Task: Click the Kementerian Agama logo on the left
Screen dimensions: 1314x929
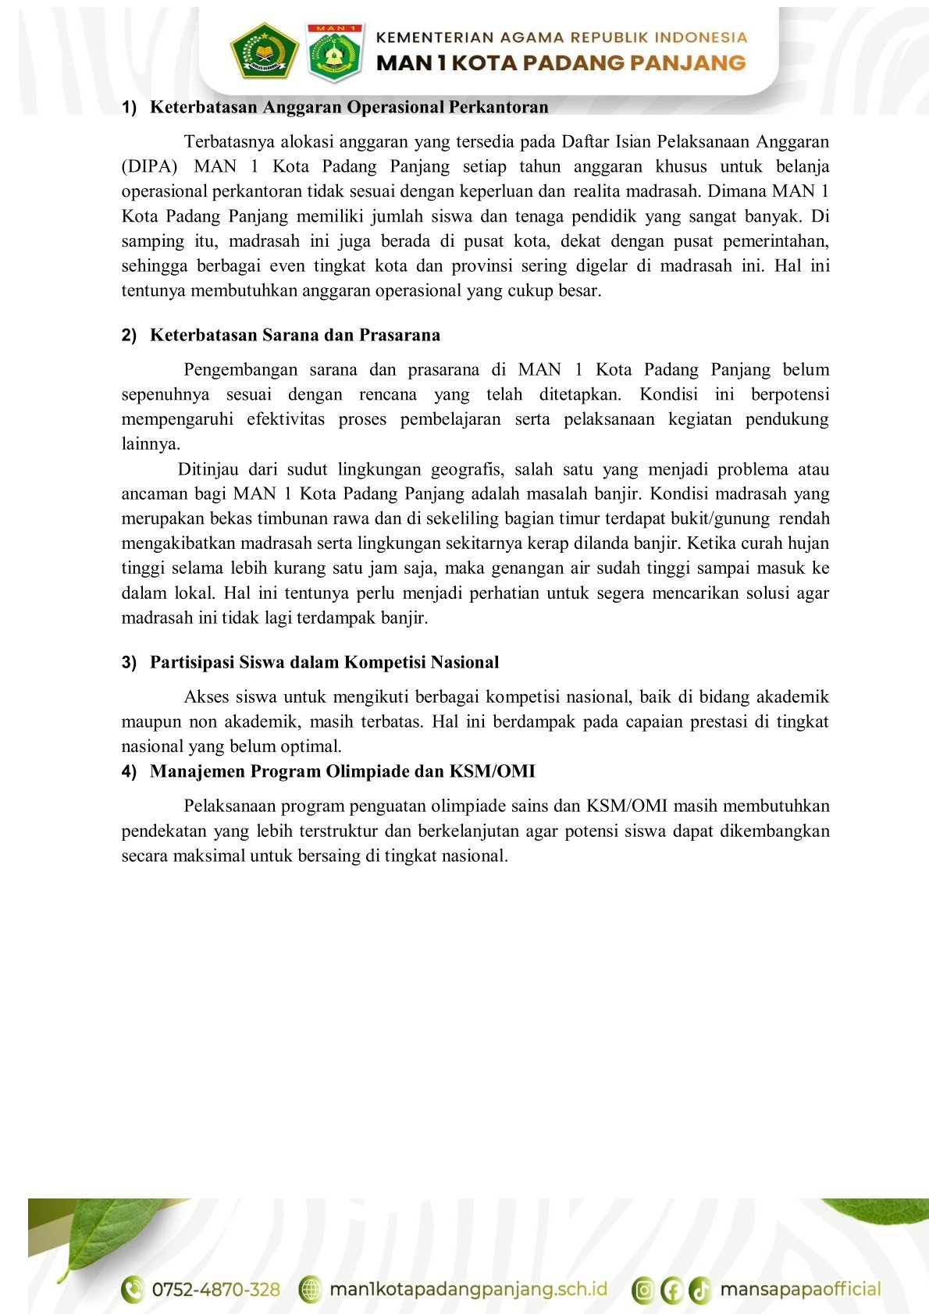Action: pos(264,51)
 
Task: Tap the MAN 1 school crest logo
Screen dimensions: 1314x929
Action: pos(335,52)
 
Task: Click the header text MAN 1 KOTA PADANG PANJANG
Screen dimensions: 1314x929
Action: pos(561,63)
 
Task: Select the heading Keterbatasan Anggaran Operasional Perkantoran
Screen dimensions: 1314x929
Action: pos(349,107)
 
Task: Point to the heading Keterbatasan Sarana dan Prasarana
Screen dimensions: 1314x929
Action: pos(294,335)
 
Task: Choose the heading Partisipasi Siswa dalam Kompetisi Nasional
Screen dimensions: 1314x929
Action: pos(324,662)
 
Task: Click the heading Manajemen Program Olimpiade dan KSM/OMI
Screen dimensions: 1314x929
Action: pos(342,771)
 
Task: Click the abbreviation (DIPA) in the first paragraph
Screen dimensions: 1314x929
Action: pos(149,166)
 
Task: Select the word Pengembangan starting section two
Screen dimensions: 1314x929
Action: pos(240,369)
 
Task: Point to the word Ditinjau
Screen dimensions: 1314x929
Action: pos(208,469)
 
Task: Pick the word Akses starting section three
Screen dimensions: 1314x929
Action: pos(206,696)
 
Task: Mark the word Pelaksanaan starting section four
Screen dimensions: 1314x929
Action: pos(230,806)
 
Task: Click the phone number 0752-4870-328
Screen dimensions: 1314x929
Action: pos(215,1289)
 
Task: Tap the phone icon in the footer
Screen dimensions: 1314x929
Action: pos(133,1289)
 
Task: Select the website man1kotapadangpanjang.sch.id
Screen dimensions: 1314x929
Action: pos(468,1289)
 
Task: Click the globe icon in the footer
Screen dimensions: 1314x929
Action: pos(311,1289)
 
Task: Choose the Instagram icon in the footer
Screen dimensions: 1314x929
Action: pos(643,1290)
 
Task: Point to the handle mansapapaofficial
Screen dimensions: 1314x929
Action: pos(799,1289)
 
